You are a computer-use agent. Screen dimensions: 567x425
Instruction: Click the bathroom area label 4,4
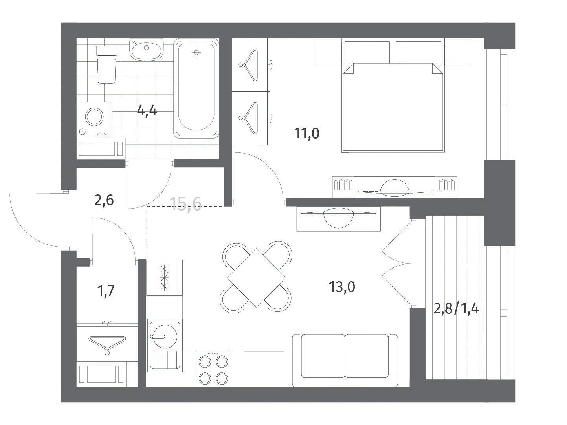[x=147, y=112]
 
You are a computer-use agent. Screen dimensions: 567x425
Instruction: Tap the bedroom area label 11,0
[x=306, y=134]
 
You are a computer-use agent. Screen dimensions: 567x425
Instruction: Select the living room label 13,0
[x=342, y=287]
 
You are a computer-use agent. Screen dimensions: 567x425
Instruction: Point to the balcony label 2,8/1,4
[x=456, y=309]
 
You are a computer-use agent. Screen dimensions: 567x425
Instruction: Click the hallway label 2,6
[x=104, y=200]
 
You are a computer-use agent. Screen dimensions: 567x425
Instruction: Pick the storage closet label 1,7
[x=106, y=291]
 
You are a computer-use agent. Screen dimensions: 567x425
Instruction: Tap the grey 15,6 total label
[x=187, y=205]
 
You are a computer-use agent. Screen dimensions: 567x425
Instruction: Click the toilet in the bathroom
[x=106, y=64]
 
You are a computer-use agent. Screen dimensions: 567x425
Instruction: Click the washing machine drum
[x=95, y=117]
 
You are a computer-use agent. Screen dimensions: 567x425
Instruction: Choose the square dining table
[x=256, y=278]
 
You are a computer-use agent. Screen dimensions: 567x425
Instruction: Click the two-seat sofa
[x=345, y=360]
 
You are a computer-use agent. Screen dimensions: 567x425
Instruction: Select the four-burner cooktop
[x=213, y=369]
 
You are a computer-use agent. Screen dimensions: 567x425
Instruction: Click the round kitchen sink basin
[x=164, y=337]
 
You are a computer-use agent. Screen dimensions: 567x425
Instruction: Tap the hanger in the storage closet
[x=107, y=344]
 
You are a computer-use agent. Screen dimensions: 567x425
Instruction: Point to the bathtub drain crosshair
[x=196, y=53]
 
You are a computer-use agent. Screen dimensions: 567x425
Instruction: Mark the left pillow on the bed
[x=367, y=53]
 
